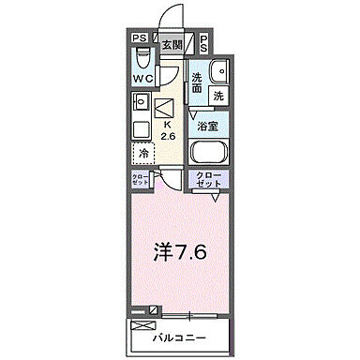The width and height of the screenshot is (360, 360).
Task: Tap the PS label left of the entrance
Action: (139, 38)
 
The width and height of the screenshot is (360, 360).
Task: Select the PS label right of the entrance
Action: (204, 38)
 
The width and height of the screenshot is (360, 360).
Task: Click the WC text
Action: (142, 78)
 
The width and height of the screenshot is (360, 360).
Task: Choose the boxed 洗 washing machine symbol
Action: (217, 95)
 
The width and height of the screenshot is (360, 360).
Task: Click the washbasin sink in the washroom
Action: (219, 71)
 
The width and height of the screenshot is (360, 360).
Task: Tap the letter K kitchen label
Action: (168, 125)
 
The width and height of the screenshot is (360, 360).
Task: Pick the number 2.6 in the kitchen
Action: (170, 137)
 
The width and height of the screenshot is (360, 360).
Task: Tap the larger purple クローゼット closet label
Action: (209, 181)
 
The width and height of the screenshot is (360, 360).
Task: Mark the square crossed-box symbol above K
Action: (166, 109)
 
